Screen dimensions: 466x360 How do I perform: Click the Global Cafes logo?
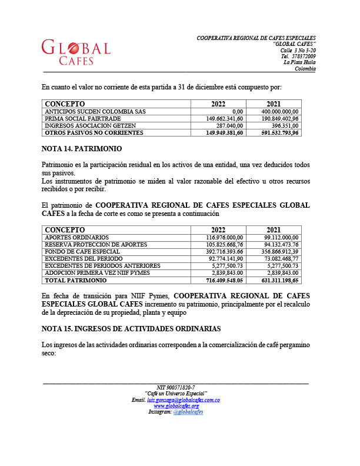tap(76, 52)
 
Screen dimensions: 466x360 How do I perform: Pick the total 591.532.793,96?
tap(278, 133)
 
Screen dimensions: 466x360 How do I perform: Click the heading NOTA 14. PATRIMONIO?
tap(82, 150)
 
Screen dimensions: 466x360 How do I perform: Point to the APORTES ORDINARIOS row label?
tap(76, 237)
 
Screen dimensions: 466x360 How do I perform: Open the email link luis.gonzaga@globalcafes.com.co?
tap(184, 400)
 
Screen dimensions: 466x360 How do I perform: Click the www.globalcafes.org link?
tap(176, 406)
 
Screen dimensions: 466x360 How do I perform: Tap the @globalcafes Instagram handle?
tap(188, 412)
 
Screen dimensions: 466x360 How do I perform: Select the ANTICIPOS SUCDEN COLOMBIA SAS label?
tap(95, 111)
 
